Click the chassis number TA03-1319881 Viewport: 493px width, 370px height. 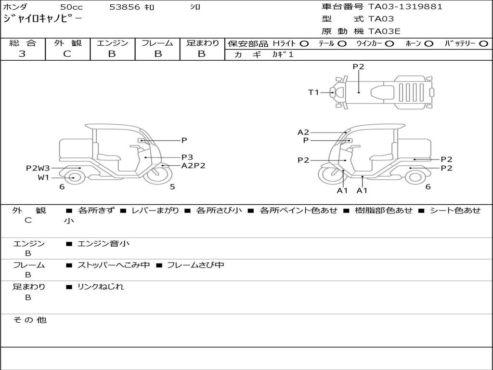[405, 7]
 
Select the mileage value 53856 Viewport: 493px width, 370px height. [125, 7]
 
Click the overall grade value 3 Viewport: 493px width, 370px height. [22, 54]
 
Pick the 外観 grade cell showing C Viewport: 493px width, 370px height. [67, 54]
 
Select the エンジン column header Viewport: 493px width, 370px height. [112, 43]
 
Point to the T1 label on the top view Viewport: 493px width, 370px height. [313, 92]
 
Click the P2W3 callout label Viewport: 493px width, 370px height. [38, 168]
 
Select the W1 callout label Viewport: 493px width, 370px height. [44, 177]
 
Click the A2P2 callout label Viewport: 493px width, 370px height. [193, 165]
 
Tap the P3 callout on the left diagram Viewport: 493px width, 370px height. [187, 157]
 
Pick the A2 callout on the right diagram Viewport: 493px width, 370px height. [303, 132]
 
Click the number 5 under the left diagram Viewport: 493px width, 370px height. [172, 187]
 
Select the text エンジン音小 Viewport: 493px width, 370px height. [104, 244]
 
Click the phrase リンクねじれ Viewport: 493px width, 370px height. [101, 287]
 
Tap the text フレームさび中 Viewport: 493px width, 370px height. [195, 265]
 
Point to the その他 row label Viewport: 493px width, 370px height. [29, 320]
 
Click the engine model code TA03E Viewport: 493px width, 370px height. [384, 31]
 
